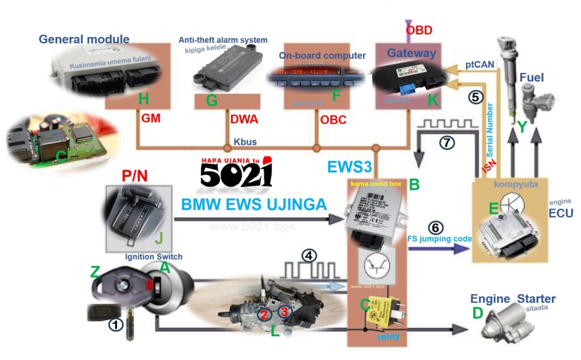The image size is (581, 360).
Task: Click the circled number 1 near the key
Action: (115, 324)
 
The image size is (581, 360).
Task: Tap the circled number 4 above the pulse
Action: (309, 255)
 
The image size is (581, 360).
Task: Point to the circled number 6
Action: (436, 228)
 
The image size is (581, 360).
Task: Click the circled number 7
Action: (448, 143)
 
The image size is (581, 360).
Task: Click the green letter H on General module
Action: (144, 99)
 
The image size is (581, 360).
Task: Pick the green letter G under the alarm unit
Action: (212, 100)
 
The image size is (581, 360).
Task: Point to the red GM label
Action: (150, 120)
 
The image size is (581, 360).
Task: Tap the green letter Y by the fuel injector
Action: (523, 128)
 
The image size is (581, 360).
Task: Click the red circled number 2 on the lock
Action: (264, 314)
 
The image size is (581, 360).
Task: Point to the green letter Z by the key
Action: (95, 274)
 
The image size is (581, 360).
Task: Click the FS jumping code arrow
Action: (440, 248)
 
